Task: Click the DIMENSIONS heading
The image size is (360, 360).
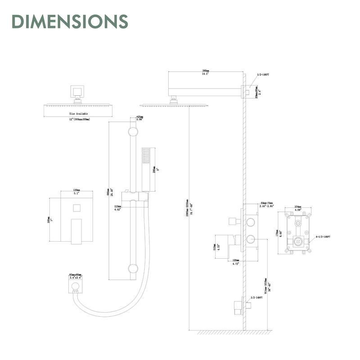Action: [70, 21]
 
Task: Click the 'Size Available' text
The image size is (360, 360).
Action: [79, 114]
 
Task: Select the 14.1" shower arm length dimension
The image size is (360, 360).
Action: [206, 74]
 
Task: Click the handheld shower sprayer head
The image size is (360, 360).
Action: [145, 157]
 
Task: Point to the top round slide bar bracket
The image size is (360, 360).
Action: [133, 132]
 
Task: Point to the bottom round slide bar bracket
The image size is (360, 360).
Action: [133, 269]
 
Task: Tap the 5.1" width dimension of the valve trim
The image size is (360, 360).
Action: [76, 194]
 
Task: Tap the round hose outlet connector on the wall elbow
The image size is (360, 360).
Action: [75, 287]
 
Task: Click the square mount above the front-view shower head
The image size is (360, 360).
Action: [76, 92]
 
